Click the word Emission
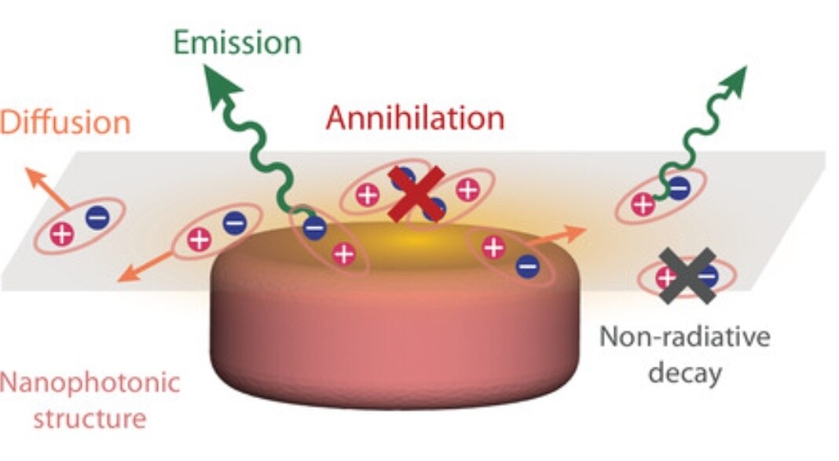click(x=237, y=42)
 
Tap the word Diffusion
click(x=64, y=123)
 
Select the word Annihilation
click(x=416, y=118)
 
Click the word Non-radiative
click(x=685, y=336)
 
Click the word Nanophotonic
click(x=90, y=384)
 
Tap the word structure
click(x=90, y=418)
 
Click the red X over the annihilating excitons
click(x=417, y=194)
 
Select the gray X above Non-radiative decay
click(x=687, y=276)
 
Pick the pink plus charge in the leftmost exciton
click(x=62, y=234)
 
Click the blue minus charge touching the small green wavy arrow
click(x=679, y=188)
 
